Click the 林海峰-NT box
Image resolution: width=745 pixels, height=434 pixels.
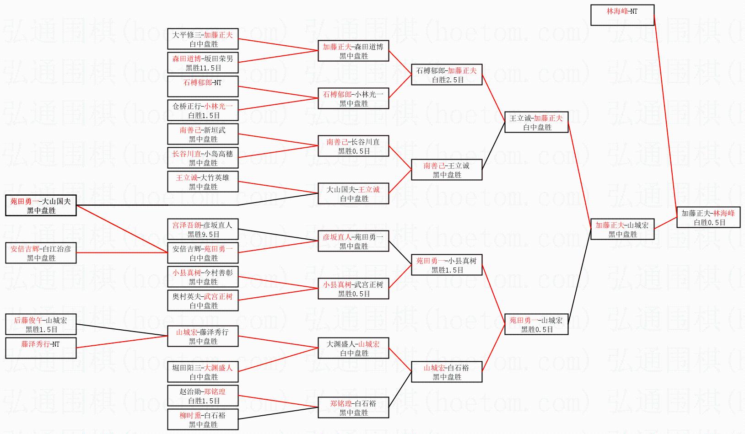pos(622,15)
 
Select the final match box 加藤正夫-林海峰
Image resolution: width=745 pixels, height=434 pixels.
pos(708,217)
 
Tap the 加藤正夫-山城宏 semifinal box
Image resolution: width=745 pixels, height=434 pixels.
pos(622,229)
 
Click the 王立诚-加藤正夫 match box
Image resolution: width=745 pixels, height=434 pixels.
pos(536,122)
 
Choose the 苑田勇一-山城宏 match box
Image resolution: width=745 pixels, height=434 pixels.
pos(536,324)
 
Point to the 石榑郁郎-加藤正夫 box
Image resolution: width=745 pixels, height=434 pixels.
pos(447,75)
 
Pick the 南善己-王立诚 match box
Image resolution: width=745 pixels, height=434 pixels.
pos(447,170)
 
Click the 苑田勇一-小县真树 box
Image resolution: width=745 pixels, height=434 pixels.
pos(447,265)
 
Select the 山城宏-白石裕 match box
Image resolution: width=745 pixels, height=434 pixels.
pos(447,372)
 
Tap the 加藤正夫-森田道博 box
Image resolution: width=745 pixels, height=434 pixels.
pos(353,51)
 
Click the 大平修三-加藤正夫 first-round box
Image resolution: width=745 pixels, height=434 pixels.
pos(203,39)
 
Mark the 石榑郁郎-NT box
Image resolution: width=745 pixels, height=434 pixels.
pos(203,86)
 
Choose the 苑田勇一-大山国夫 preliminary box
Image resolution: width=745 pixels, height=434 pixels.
pos(41,205)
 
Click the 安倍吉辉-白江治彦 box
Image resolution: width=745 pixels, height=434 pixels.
pos(41,253)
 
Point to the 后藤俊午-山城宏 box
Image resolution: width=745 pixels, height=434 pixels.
pos(41,324)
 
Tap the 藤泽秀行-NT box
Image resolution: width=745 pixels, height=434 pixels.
pos(41,348)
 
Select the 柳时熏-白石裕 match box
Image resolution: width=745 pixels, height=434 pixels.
pos(203,419)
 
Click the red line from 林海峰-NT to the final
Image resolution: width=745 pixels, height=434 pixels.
pos(666,114)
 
